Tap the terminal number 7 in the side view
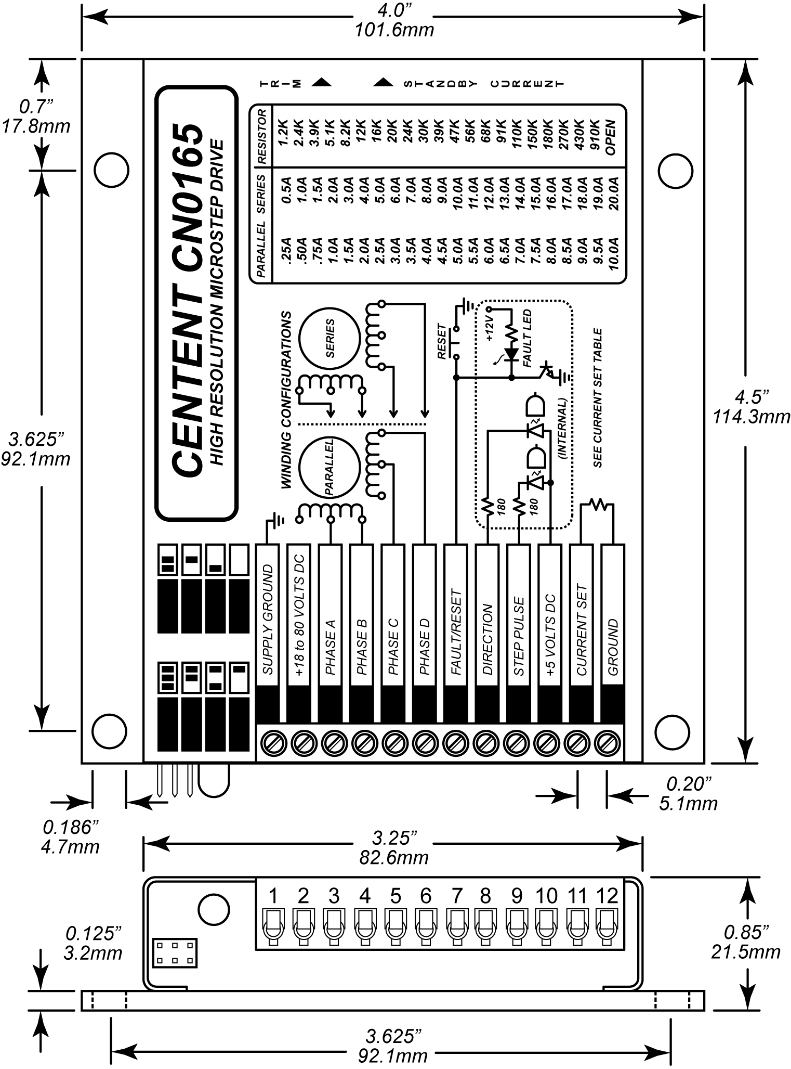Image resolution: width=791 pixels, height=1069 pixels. [x=456, y=896]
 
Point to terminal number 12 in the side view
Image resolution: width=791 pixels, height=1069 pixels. [x=607, y=896]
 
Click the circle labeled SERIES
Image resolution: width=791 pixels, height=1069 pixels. [x=329, y=338]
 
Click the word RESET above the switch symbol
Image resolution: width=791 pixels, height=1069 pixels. [x=442, y=341]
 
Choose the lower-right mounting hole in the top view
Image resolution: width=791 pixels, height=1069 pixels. [x=675, y=730]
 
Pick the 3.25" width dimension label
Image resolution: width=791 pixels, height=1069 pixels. [x=393, y=839]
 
